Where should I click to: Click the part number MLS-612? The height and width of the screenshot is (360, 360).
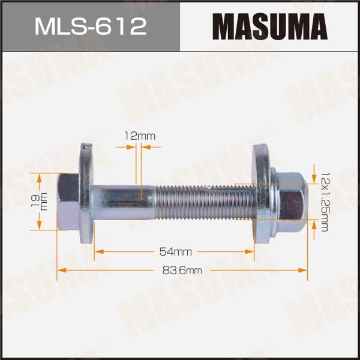click(91, 27)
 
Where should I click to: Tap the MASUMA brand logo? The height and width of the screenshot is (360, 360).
click(270, 26)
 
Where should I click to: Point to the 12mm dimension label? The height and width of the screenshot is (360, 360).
click(140, 136)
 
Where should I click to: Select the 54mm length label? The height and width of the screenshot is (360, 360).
click(176, 252)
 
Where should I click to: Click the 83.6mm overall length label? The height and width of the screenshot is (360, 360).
click(182, 270)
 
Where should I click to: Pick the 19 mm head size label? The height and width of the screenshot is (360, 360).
click(39, 202)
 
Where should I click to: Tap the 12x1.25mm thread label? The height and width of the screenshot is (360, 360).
click(325, 202)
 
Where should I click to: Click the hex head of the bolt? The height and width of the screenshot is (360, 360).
click(68, 202)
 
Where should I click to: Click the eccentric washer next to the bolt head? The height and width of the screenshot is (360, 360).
click(87, 193)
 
